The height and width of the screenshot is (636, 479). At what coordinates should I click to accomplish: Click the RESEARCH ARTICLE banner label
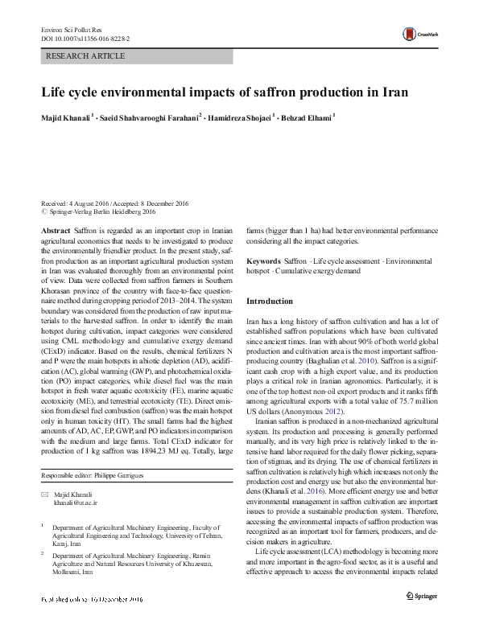point(87,56)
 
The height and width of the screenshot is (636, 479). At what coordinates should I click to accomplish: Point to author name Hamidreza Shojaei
point(240,117)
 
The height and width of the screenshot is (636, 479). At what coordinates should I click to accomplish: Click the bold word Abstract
point(56,230)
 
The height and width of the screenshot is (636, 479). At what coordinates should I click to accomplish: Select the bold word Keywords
point(263,261)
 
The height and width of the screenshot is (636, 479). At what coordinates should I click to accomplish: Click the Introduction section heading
point(270,301)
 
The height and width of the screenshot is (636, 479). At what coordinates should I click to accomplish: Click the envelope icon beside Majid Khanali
point(45,494)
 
